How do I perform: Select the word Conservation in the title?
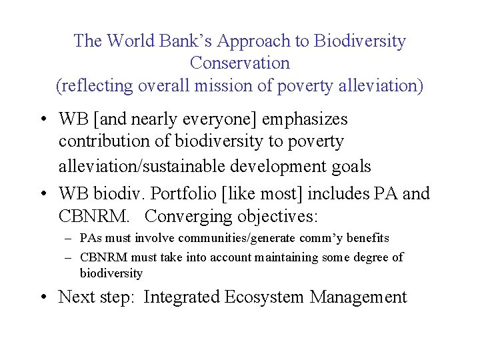(240, 63)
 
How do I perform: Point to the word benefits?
(367, 238)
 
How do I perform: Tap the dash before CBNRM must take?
(69, 257)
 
